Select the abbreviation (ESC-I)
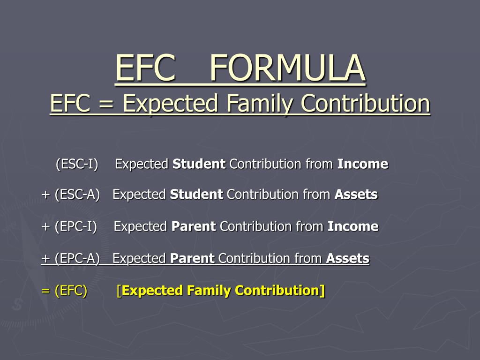click(77, 164)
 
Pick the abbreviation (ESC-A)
click(77, 195)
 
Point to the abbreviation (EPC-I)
click(76, 226)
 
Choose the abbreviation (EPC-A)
click(77, 258)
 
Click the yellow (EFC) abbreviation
click(71, 291)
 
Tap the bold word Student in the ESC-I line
click(199, 164)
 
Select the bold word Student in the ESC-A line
click(196, 195)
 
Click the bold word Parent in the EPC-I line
click(194, 226)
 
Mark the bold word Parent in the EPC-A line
click(192, 258)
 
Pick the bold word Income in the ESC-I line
click(363, 164)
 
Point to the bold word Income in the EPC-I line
click(353, 226)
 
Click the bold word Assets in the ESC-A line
click(356, 195)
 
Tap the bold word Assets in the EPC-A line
click(348, 258)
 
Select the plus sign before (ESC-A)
click(45, 195)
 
